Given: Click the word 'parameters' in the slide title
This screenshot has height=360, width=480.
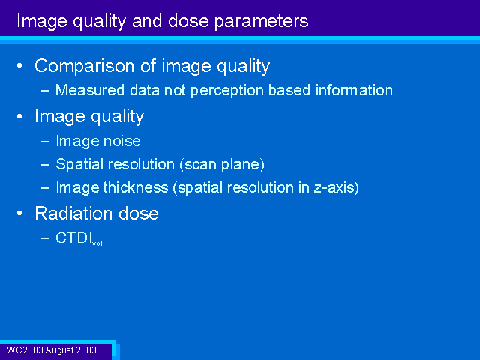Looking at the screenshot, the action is coord(262,22).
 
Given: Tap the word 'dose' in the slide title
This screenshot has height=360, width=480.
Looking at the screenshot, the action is coord(188,20).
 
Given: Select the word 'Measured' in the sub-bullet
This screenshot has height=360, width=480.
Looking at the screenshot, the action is coord(90,90).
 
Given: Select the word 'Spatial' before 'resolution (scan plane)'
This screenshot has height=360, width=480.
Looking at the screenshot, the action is coord(79,165).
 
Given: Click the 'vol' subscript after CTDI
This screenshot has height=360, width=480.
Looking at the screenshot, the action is coord(97,244).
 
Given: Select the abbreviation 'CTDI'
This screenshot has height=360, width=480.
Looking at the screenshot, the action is coord(74,238).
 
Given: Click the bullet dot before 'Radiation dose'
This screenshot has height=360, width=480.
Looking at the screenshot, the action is coord(20,213).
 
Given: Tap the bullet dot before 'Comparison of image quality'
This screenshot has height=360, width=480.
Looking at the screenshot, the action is coord(20,65).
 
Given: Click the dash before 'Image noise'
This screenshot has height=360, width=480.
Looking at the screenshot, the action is coord(45,142).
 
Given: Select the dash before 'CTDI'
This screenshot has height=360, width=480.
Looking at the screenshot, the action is coord(45,238).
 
